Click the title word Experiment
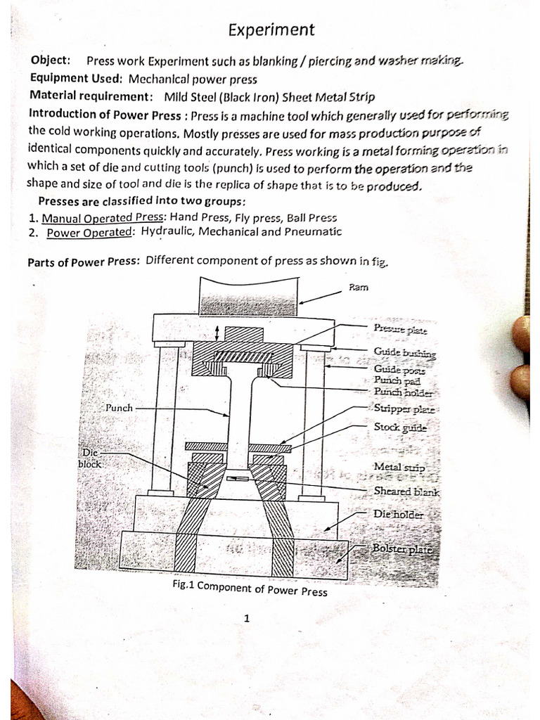click(x=271, y=30)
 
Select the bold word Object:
click(x=50, y=61)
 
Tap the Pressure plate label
click(x=399, y=328)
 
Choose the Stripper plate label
click(x=404, y=409)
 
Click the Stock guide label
click(x=400, y=427)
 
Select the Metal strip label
click(x=399, y=467)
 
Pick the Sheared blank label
click(x=406, y=491)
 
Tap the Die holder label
click(x=399, y=515)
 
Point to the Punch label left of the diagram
click(x=119, y=407)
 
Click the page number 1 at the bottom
click(x=247, y=619)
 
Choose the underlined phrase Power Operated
click(x=90, y=232)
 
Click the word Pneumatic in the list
click(x=311, y=231)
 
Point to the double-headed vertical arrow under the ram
click(x=217, y=331)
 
